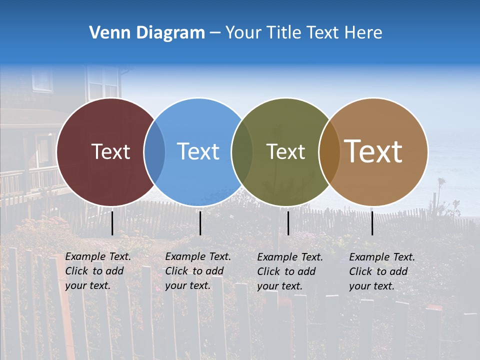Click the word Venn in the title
click(x=105, y=32)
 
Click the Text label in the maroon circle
click(x=110, y=151)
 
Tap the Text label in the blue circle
click(x=198, y=151)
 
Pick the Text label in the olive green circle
click(x=285, y=151)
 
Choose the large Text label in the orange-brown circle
click(x=373, y=151)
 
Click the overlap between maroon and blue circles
click(x=154, y=151)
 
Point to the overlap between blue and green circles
click(x=242, y=151)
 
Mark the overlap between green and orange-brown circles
click(x=329, y=151)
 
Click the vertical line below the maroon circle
click(x=112, y=223)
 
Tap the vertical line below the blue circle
click(x=200, y=223)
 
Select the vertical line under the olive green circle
click(x=288, y=223)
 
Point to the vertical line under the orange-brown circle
click(x=372, y=223)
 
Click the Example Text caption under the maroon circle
click(x=97, y=271)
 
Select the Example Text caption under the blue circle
click(x=197, y=271)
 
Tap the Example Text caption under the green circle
click(x=289, y=271)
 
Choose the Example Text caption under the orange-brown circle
click(x=381, y=271)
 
